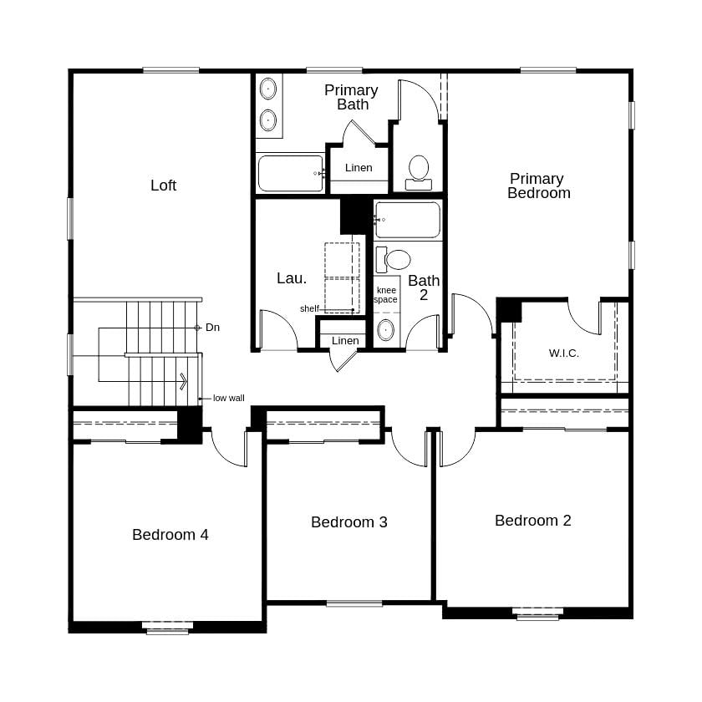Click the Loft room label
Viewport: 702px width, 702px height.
coord(163,186)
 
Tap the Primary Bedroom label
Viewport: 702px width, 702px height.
coord(538,186)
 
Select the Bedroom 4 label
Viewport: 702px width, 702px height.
coord(170,535)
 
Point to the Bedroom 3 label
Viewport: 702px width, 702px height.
coord(348,522)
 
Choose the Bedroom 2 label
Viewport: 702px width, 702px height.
coord(532,521)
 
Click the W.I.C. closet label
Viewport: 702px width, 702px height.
coord(563,353)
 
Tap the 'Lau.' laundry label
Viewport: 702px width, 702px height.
coord(291,277)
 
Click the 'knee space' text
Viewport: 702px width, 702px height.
coord(385,295)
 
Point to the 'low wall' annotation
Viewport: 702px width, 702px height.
coord(228,399)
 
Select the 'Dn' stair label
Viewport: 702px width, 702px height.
coord(212,328)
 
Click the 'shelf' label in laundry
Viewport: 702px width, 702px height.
coord(309,308)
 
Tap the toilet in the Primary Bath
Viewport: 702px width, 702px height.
coord(418,170)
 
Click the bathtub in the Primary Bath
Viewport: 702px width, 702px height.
coord(290,173)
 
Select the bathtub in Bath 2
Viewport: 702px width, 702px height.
coord(407,220)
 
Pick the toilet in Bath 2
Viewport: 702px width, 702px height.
coord(394,259)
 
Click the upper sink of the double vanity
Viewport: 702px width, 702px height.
coord(268,89)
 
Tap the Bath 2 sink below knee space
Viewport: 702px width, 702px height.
coord(385,329)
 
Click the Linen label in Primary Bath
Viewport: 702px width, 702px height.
coord(359,168)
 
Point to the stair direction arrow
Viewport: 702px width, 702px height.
coord(182,382)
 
